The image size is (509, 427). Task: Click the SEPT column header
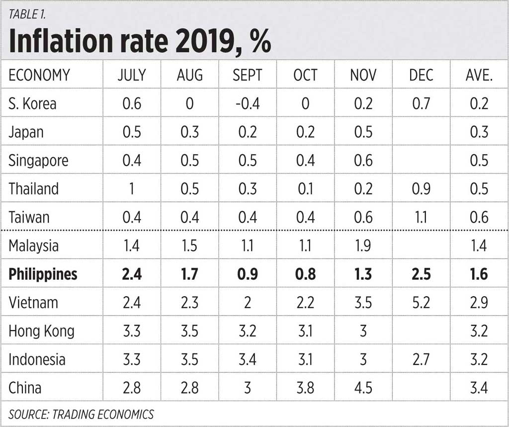(x=247, y=75)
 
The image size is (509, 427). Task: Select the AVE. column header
(x=479, y=75)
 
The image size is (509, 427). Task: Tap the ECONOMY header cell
(x=39, y=75)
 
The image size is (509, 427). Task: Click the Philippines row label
(x=43, y=274)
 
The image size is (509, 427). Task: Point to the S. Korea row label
(x=32, y=103)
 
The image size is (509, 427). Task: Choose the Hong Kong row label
(x=41, y=331)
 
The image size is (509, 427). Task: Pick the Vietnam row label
(x=33, y=302)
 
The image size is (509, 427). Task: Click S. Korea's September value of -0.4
(x=247, y=103)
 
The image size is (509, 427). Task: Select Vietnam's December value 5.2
(x=421, y=302)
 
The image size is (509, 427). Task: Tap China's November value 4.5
(x=363, y=388)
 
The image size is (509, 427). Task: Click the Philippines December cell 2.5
(x=421, y=274)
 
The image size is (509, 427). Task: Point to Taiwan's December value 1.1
(x=421, y=217)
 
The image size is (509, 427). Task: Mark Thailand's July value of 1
(x=132, y=189)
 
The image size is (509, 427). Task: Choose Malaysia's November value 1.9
(x=363, y=246)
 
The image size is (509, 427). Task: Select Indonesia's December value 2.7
(x=421, y=359)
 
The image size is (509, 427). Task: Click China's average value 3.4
(x=479, y=388)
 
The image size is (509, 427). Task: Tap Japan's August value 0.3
(x=189, y=132)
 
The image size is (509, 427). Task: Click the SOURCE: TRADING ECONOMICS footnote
(x=81, y=414)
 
